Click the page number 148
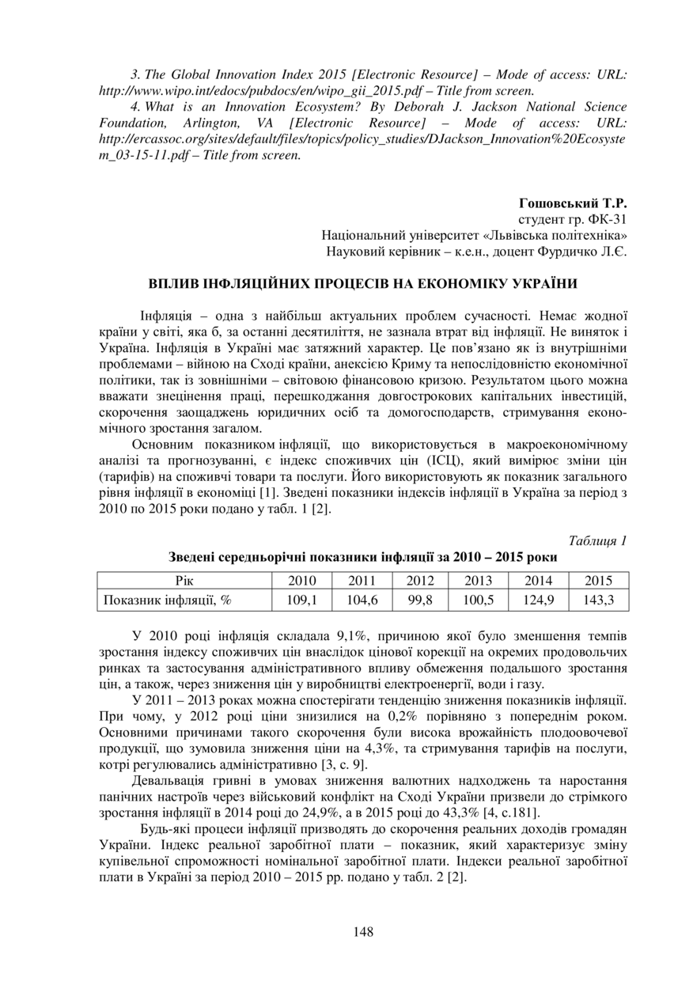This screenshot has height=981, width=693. [363, 931]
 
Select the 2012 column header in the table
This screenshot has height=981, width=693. [420, 581]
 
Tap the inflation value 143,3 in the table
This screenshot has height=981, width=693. [599, 600]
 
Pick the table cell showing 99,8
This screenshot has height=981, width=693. [420, 600]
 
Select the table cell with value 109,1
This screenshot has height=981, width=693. [301, 600]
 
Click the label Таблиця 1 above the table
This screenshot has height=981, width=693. [597, 541]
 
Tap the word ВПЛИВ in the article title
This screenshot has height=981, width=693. [175, 282]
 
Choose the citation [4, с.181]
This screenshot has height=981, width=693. [515, 812]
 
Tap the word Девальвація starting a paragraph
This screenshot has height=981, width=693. [173, 780]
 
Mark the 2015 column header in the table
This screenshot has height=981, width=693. [599, 581]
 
